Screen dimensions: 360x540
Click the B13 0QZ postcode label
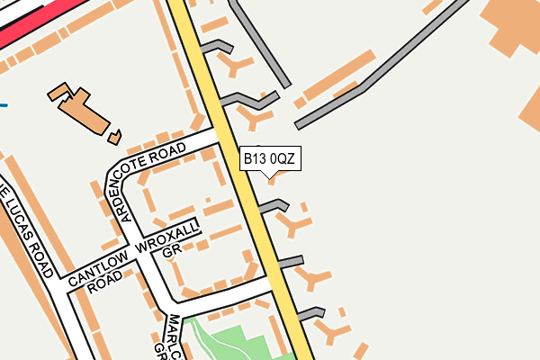point(268,159)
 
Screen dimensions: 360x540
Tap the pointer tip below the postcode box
point(269,175)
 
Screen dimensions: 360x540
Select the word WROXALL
point(167,234)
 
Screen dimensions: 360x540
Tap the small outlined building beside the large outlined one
point(114,137)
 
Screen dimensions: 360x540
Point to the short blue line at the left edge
point(4,105)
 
